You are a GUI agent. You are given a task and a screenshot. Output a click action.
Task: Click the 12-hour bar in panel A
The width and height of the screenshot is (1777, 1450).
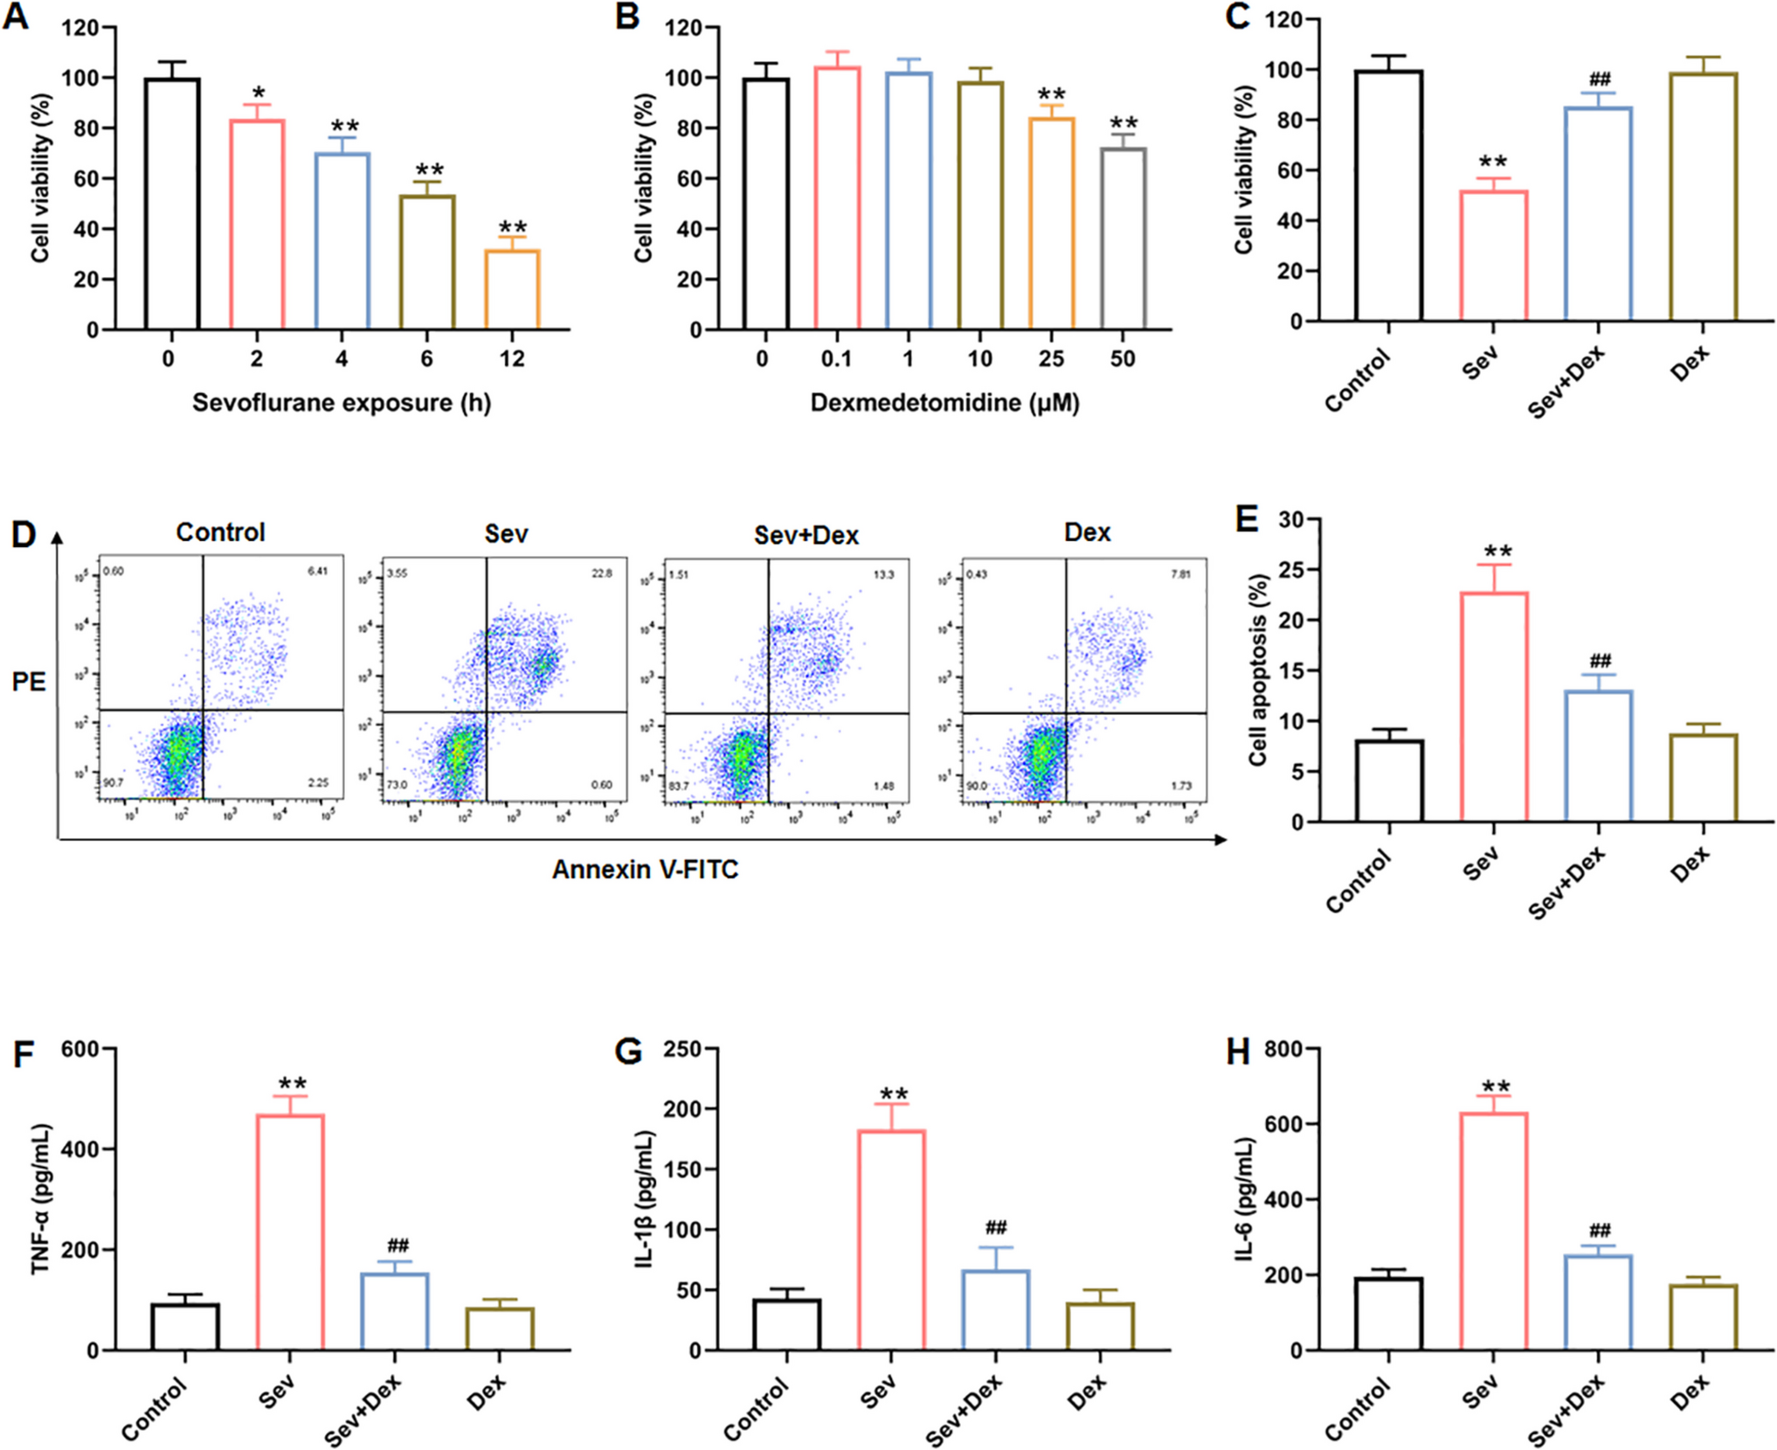click(513, 289)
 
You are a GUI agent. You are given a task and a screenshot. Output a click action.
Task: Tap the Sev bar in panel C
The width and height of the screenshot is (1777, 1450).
click(1494, 255)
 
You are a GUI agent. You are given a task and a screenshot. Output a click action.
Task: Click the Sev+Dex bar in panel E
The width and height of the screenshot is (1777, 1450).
click(1599, 756)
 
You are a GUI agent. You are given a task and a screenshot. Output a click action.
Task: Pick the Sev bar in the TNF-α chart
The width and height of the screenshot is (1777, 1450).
click(290, 1231)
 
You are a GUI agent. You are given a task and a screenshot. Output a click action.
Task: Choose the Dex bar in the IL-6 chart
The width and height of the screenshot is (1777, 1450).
click(1704, 1317)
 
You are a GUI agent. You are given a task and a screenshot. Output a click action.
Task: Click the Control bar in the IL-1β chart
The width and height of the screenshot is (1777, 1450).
click(787, 1324)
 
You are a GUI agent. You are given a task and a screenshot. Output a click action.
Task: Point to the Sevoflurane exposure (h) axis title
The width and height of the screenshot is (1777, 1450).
click(342, 403)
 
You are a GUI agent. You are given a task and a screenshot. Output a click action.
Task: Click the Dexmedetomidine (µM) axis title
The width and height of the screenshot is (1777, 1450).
click(944, 403)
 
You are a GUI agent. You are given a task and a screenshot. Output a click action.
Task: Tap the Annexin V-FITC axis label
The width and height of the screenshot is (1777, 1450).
click(645, 870)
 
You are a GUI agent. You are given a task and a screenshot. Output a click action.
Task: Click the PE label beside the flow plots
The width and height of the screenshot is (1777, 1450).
click(29, 682)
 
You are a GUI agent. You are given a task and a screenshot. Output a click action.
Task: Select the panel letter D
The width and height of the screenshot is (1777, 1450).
click(24, 534)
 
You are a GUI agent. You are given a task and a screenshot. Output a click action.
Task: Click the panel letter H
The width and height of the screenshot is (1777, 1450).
click(1238, 1053)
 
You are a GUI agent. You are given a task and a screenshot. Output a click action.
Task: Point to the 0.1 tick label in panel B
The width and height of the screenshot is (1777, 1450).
click(836, 358)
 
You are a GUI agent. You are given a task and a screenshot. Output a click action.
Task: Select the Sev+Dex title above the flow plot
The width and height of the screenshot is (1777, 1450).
click(806, 535)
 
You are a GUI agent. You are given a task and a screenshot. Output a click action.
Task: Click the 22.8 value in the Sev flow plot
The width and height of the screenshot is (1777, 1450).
click(602, 573)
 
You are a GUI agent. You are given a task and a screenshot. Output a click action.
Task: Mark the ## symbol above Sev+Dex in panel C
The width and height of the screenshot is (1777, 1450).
click(1600, 80)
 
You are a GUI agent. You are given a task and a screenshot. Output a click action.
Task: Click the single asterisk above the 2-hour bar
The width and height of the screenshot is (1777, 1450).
click(258, 93)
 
